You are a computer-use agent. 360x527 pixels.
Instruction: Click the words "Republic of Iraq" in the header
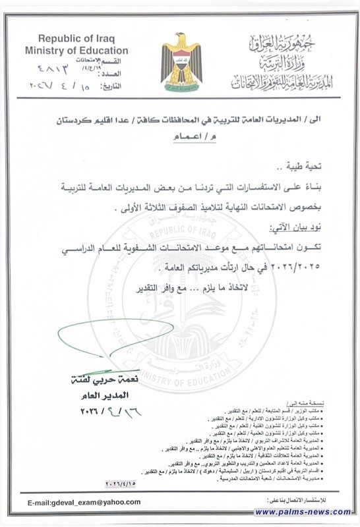pos(76,38)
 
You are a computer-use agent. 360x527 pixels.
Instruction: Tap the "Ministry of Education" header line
pos(76,50)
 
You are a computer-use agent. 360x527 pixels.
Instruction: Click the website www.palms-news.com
pos(303,512)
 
